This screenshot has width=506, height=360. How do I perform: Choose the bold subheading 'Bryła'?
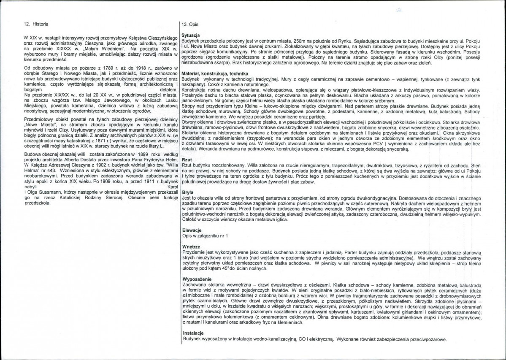point(187,192)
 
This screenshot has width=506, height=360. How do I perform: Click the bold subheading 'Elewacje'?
point(190,230)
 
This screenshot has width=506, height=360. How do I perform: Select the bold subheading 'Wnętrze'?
point(190,246)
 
